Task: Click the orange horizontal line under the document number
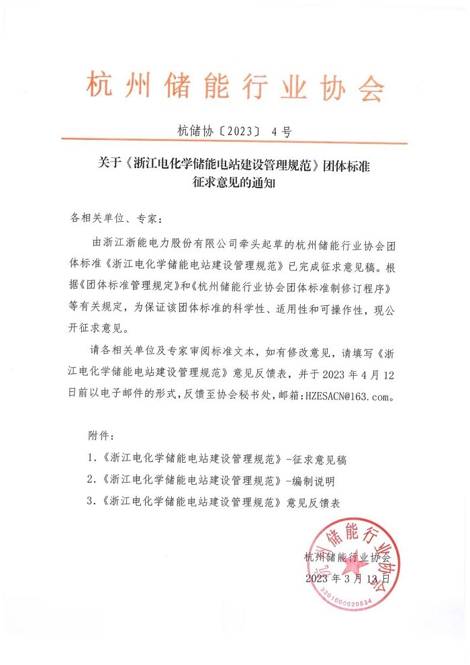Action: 235,143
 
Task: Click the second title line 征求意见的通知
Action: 234,182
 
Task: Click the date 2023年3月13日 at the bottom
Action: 347,578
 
